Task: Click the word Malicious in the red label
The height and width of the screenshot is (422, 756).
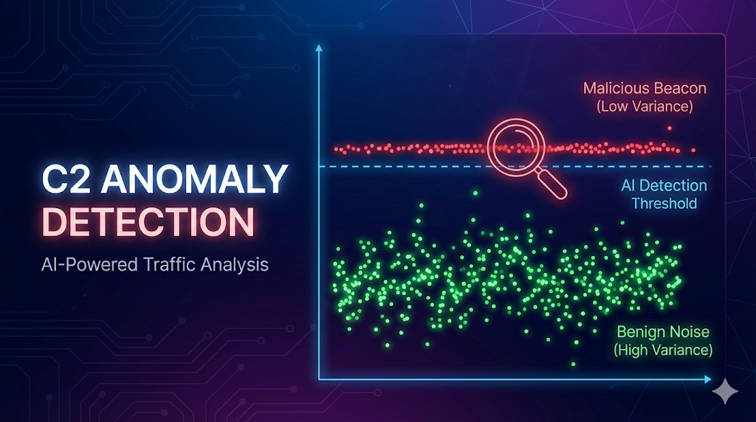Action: pos(612,89)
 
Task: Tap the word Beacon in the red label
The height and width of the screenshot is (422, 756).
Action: pos(676,89)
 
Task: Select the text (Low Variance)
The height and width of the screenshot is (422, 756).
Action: pos(644,107)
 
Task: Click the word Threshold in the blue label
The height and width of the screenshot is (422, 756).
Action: pos(664,203)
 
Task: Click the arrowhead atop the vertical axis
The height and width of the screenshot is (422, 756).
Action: pos(318,49)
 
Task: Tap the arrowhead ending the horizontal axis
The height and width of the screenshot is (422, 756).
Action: pos(708,381)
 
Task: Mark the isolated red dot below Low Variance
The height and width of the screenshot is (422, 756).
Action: pos(669,128)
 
